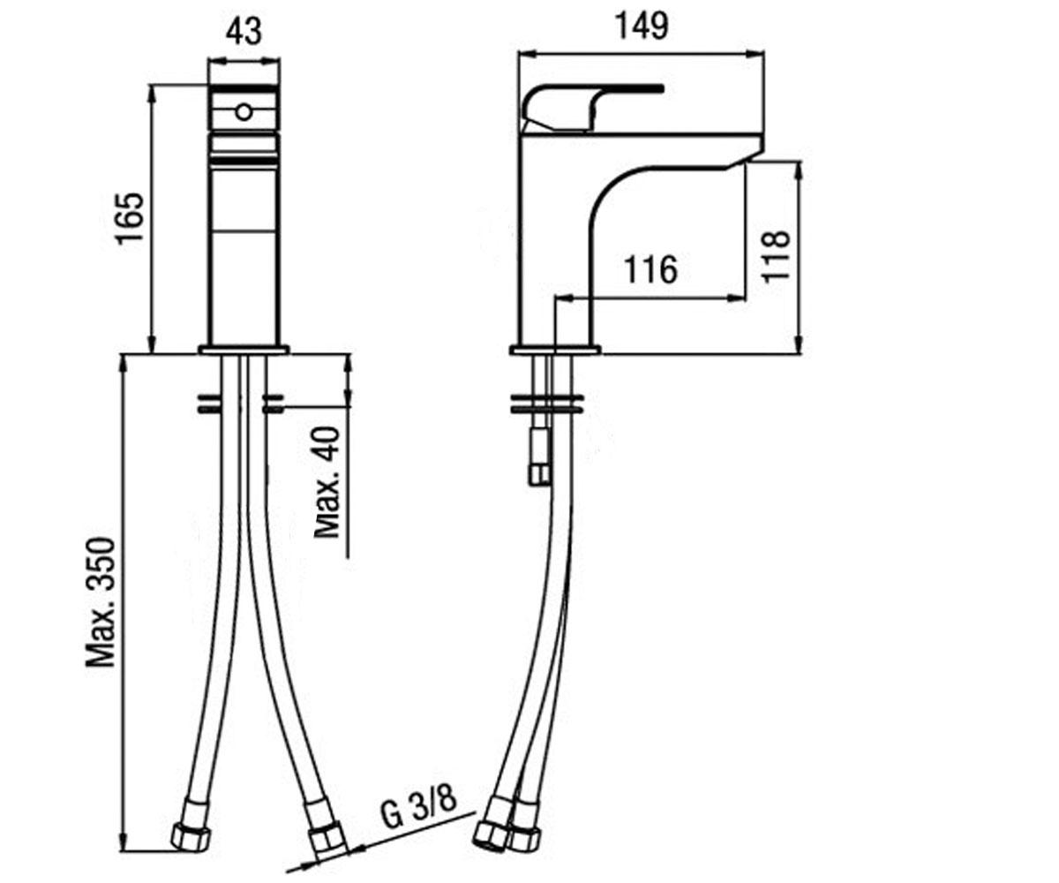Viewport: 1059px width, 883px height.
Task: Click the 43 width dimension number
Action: pos(244,32)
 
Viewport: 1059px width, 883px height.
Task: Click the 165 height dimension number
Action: pos(130,218)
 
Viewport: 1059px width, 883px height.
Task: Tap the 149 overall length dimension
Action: pos(642,26)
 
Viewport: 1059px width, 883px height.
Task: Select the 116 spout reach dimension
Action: pos(650,269)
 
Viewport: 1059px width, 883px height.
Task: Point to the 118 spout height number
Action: pos(776,256)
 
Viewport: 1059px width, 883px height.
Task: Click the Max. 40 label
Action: pos(327,482)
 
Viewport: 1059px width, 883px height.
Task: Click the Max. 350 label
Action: pos(101,602)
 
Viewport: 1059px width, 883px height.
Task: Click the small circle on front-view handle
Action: pos(244,111)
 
